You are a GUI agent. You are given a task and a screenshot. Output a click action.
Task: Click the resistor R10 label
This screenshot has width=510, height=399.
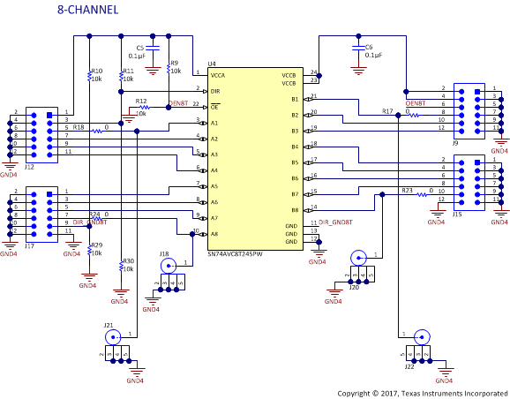tap(97, 71)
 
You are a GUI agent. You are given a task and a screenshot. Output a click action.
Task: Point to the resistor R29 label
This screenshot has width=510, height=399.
tap(96, 245)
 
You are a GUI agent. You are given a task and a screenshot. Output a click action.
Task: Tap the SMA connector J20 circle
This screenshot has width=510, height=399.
tap(357, 258)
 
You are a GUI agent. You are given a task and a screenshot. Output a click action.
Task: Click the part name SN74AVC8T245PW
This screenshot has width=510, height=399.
tap(235, 254)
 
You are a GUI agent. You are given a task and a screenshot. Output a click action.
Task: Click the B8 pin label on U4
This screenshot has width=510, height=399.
tap(295, 210)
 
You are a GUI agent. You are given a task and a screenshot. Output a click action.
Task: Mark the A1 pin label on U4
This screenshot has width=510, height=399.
tap(215, 123)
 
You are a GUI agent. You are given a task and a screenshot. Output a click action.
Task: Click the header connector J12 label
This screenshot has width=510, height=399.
tap(29, 166)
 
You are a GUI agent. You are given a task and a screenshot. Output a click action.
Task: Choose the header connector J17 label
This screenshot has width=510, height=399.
tap(29, 246)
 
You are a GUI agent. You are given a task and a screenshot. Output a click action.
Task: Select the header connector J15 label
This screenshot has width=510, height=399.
tap(457, 214)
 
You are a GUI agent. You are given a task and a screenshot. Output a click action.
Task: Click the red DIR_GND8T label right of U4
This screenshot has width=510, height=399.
tap(335, 222)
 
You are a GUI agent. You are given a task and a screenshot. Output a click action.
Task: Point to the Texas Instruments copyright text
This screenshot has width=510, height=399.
tap(423, 392)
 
